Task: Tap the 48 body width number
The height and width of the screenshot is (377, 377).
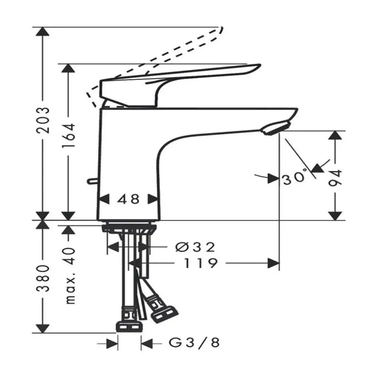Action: [x=128, y=199]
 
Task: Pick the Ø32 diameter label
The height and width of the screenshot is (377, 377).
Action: [x=196, y=247]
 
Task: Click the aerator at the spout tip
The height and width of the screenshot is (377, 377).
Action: [x=277, y=127]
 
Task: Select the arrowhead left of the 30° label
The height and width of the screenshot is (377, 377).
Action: [x=272, y=178]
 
